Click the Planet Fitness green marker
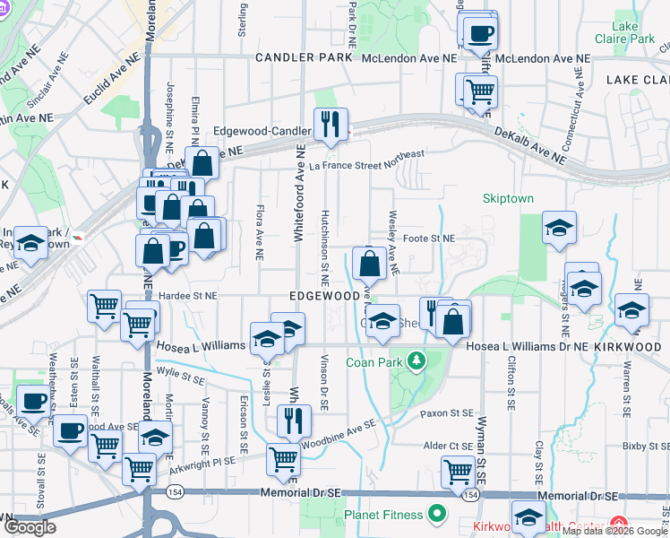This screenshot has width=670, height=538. pyautogui.click(x=436, y=514)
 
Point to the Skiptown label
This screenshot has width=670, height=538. pyautogui.click(x=508, y=198)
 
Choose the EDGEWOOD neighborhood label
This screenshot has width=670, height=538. pyautogui.click(x=324, y=295)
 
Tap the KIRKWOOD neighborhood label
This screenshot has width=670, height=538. pyautogui.click(x=635, y=345)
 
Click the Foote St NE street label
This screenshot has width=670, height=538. pyautogui.click(x=429, y=239)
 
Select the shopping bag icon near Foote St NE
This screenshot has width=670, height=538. pyautogui.click(x=369, y=265)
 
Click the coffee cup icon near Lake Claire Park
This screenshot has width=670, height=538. pyautogui.click(x=479, y=34)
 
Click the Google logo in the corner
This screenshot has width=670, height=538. pyautogui.click(x=30, y=527)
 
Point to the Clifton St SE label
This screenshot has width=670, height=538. pyautogui.click(x=511, y=375)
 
